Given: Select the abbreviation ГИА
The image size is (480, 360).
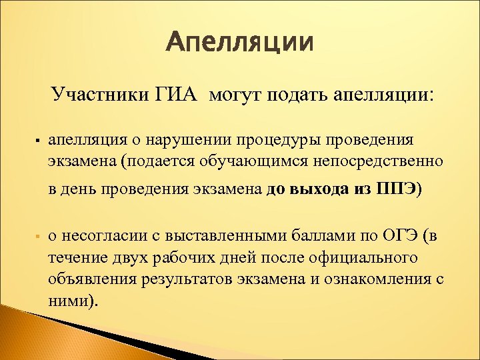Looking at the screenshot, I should pos(177,95).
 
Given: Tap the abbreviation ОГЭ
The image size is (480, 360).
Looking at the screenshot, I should pos(401,236).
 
